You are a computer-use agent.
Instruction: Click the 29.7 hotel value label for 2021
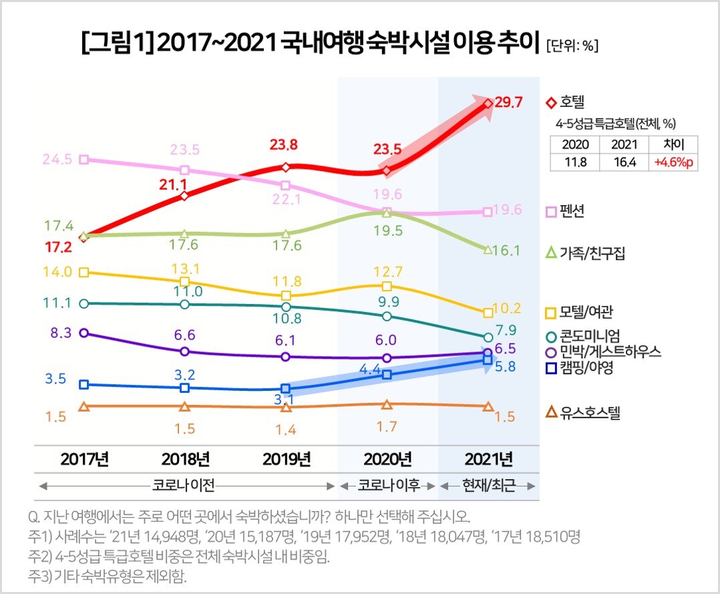click(510, 103)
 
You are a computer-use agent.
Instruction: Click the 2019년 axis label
click(286, 459)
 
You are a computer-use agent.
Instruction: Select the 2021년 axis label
click(488, 459)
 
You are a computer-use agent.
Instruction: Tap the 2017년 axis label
click(84, 459)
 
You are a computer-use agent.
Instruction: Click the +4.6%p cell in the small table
click(673, 162)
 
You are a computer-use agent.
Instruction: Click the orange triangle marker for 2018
click(185, 406)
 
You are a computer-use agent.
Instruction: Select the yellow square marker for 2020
click(387, 285)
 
